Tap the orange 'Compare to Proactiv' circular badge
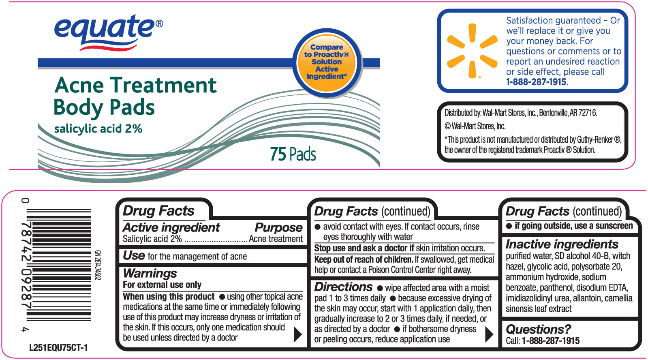327,62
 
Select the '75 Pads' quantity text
293,154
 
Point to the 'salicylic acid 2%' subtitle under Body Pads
98,129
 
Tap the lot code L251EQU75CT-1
58,348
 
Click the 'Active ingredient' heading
171,227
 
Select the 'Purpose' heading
278,227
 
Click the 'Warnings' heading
150,273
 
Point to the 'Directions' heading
343,287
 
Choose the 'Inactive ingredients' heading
562,244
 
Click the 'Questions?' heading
538,329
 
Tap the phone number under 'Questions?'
551,341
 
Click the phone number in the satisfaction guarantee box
536,82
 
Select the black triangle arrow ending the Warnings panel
298,334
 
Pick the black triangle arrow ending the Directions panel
489,334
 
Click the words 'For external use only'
162,285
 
